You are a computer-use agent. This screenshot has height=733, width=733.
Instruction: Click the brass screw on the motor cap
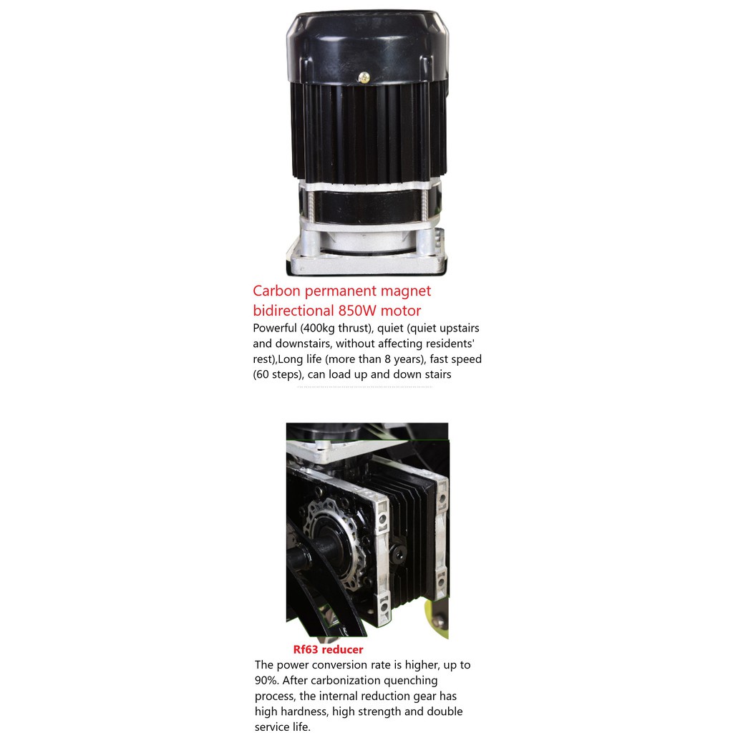click(x=364, y=77)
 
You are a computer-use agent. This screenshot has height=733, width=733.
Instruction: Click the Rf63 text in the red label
click(x=306, y=649)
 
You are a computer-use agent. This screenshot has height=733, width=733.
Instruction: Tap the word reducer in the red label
click(x=342, y=650)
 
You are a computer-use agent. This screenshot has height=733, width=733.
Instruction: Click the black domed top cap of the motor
click(x=367, y=47)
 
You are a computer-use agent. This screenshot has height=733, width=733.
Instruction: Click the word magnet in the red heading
click(x=406, y=291)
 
